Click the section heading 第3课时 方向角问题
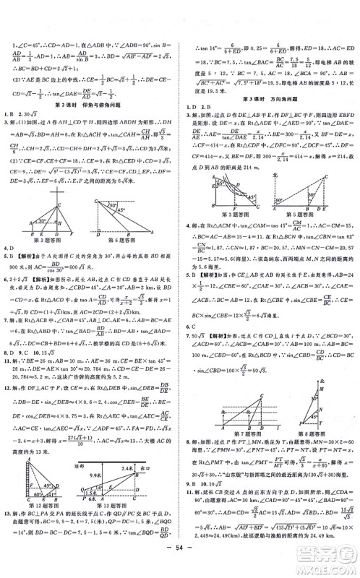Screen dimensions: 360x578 pyautogui.click(x=269, y=98)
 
